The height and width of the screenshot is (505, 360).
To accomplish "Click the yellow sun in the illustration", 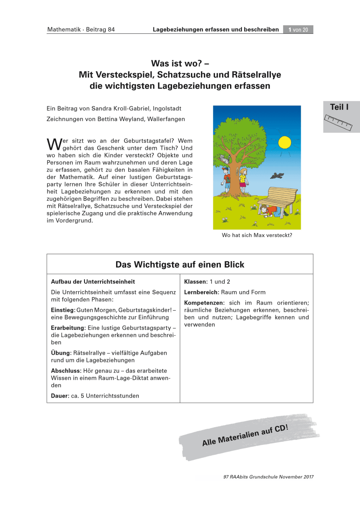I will pyautogui.click(x=285, y=142).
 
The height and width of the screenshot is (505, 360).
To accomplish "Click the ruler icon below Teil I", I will pyautogui.click(x=339, y=122).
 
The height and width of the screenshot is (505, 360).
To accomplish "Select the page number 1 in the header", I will pyautogui.click(x=290, y=29).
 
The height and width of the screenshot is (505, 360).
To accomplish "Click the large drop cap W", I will pyautogui.click(x=53, y=144).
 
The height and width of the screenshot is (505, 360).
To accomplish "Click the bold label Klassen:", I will pyautogui.click(x=196, y=282).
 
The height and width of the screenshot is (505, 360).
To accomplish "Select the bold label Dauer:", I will pyautogui.click(x=60, y=396).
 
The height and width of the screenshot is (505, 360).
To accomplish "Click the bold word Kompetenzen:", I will pyautogui.click(x=204, y=303).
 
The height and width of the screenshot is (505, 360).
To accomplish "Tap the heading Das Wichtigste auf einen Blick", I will pyautogui.click(x=180, y=265).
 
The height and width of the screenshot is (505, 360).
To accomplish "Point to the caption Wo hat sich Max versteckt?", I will pyautogui.click(x=257, y=235).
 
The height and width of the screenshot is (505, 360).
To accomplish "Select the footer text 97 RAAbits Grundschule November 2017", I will pyautogui.click(x=269, y=477).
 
